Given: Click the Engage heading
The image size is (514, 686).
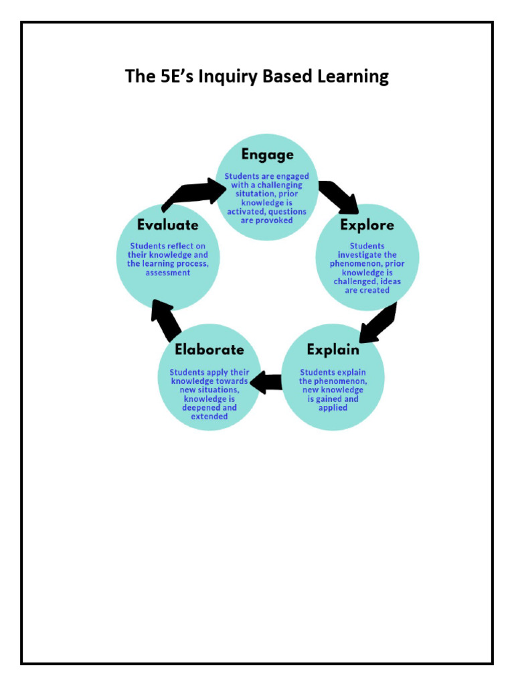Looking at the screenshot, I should (267, 155).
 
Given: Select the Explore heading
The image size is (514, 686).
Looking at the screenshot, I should (367, 224).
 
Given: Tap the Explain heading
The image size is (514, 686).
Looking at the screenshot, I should (333, 350).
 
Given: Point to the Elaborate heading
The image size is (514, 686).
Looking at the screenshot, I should (209, 350).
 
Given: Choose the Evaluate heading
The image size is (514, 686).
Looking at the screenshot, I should (168, 225).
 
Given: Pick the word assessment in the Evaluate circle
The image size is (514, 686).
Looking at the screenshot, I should (168, 273).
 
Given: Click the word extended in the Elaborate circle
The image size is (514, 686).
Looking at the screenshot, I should (209, 416).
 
